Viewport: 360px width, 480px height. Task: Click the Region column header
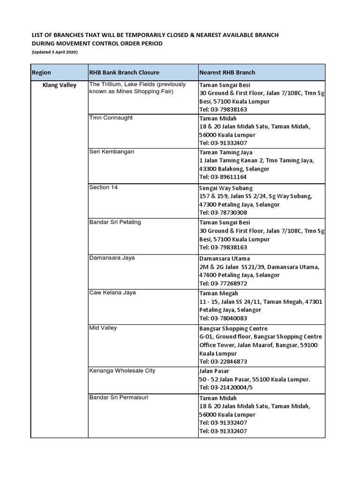tap(41, 73)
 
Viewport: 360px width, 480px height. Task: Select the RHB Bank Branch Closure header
tap(124, 73)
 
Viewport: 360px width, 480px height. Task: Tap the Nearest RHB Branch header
tap(227, 73)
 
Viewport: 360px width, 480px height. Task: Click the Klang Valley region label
tap(59, 85)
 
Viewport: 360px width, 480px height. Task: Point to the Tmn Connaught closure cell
tap(111, 118)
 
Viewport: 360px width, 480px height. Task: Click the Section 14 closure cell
tap(104, 187)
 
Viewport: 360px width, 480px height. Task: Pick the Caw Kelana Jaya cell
tap(112, 293)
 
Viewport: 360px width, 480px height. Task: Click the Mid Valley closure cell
tap(103, 328)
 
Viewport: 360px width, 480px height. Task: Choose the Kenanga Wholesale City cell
tap(122, 371)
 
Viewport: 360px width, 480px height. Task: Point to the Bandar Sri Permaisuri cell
tap(120, 397)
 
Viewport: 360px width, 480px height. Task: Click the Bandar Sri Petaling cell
tap(115, 222)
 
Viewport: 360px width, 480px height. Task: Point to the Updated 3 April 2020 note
tap(54, 52)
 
